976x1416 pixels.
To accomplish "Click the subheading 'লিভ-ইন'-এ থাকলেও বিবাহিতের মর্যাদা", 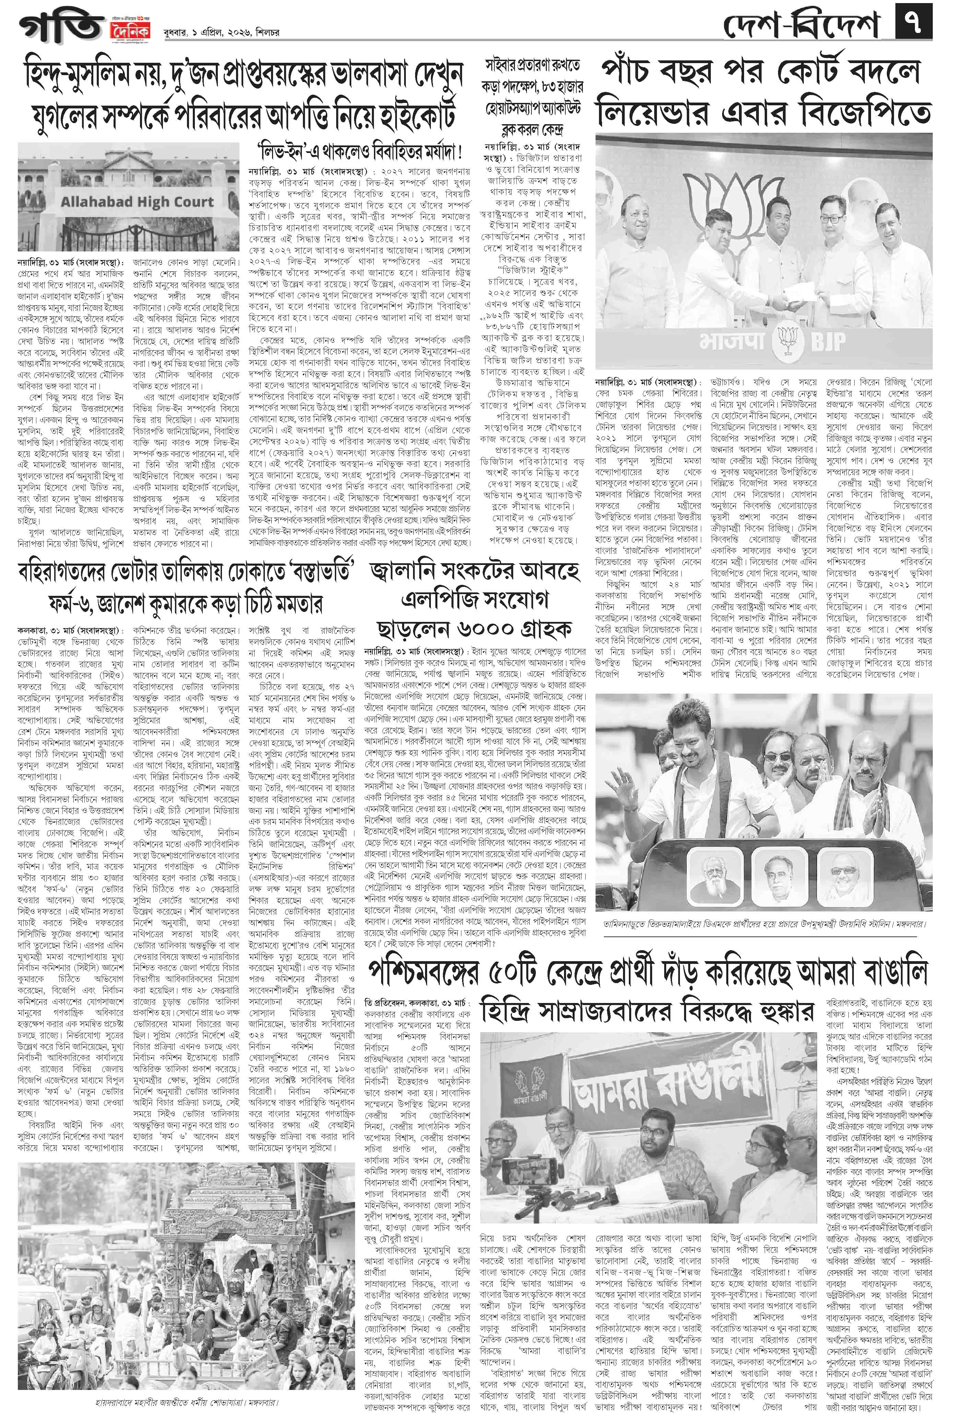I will (x=361, y=151).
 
